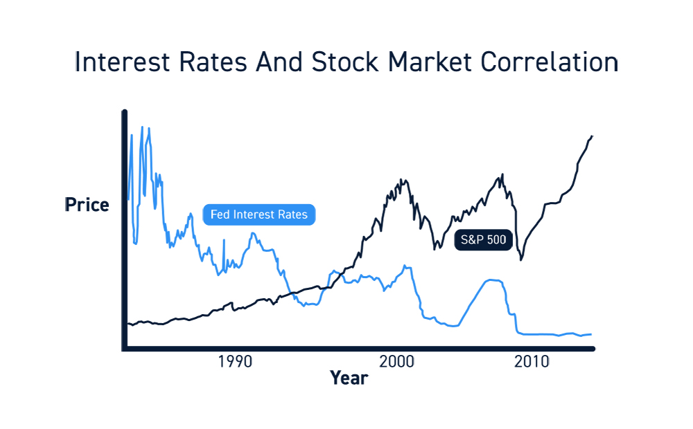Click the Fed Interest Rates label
(x=258, y=214)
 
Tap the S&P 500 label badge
(x=483, y=241)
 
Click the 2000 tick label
(x=396, y=362)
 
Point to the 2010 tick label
(x=532, y=362)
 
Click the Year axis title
(x=349, y=378)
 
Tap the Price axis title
(x=87, y=206)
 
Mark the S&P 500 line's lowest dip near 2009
(x=520, y=259)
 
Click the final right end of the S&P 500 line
(x=593, y=136)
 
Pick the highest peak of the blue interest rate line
(x=143, y=127)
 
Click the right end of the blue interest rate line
(x=591, y=334)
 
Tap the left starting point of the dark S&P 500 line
(x=128, y=323)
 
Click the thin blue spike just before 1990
(x=224, y=240)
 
